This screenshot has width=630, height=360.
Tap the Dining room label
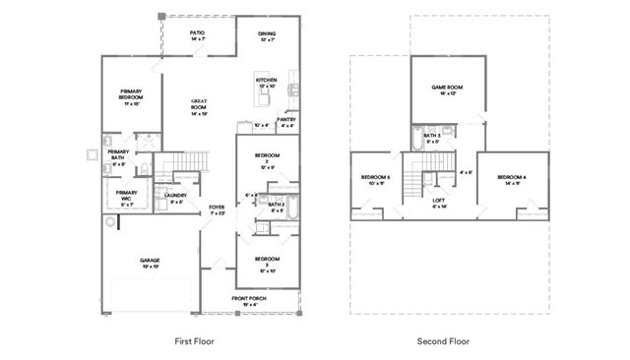click(x=267, y=36)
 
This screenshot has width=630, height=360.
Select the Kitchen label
click(x=266, y=82)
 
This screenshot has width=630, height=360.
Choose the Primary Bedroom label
click(x=132, y=95)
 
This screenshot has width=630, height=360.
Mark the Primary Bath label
click(x=118, y=154)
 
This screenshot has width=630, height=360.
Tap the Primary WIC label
click(x=126, y=195)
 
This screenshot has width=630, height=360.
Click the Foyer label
click(x=217, y=210)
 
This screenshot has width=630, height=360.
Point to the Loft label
click(x=439, y=203)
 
